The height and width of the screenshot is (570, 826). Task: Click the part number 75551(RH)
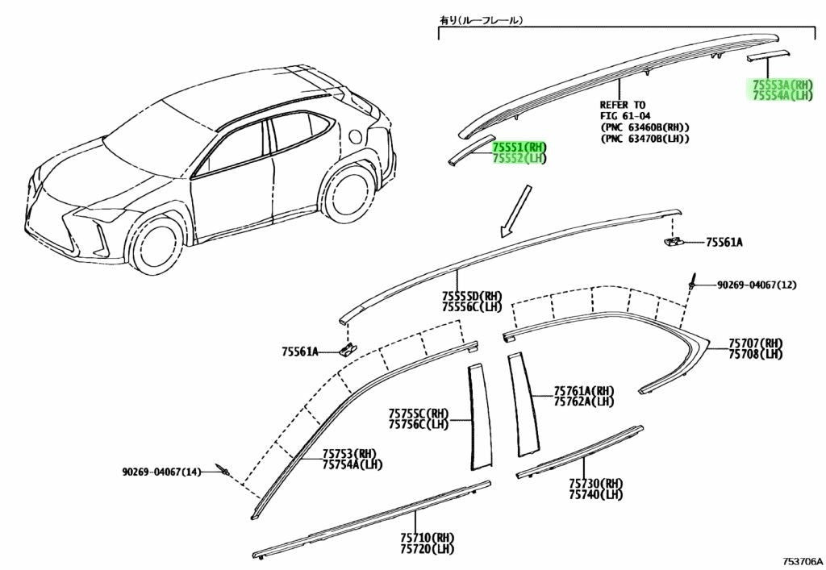(519, 147)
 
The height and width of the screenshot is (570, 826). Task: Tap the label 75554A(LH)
(782, 95)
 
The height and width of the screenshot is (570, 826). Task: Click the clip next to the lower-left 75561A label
(347, 348)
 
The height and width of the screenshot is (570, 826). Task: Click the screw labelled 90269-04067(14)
(223, 470)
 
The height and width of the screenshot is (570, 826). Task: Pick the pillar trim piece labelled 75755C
(480, 415)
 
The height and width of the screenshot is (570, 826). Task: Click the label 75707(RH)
(755, 343)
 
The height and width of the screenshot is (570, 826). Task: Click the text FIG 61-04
(625, 116)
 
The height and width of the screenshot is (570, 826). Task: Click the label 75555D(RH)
(472, 296)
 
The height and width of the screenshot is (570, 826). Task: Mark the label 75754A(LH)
(353, 464)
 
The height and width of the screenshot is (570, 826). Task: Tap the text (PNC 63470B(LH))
(645, 139)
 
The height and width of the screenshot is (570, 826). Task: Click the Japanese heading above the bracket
(481, 20)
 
